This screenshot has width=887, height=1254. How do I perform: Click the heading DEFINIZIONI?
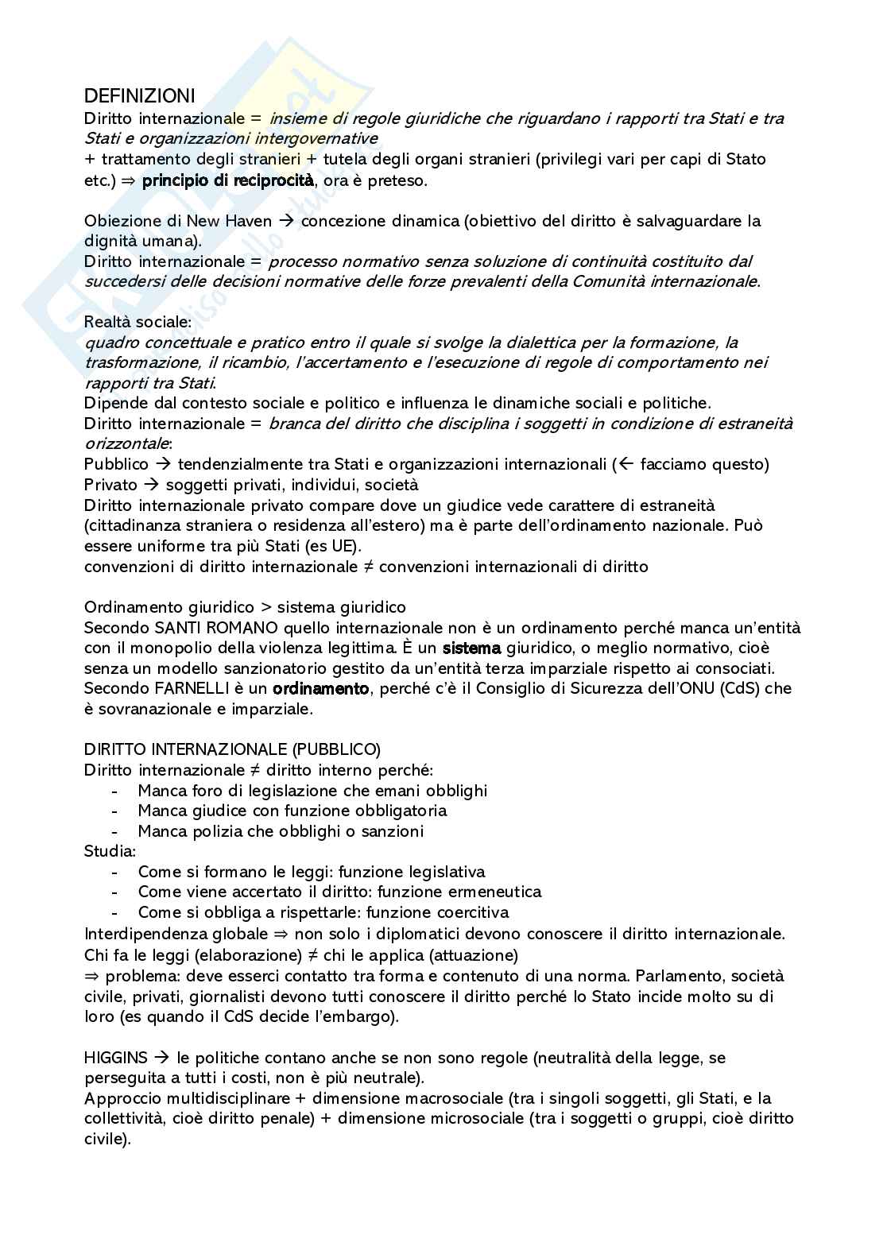(139, 97)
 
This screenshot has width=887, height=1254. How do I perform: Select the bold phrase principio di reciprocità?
(228, 180)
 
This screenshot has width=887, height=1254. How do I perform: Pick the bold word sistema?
(471, 648)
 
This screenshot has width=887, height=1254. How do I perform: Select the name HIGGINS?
(116, 1058)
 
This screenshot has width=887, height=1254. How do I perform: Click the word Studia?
(109, 851)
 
